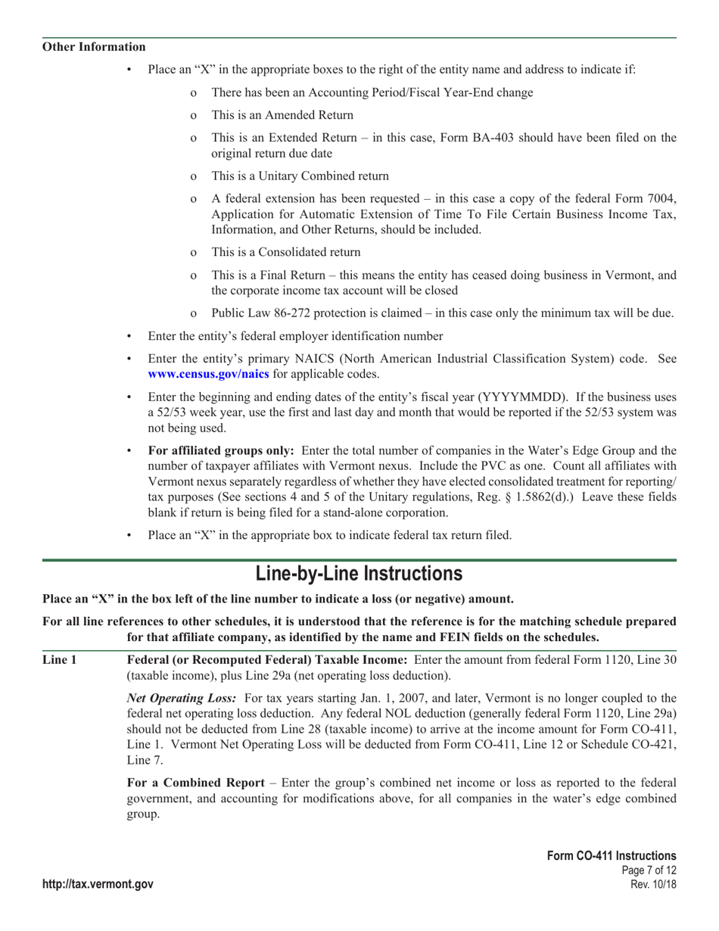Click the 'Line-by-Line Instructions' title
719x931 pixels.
pyautogui.click(x=359, y=573)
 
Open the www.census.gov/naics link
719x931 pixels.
pyautogui.click(x=208, y=374)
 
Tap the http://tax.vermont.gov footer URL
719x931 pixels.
pyautogui.click(x=98, y=885)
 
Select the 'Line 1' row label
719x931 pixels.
pyautogui.click(x=59, y=659)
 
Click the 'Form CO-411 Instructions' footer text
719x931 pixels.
pyautogui.click(x=612, y=855)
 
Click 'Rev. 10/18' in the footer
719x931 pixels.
pyautogui.click(x=653, y=885)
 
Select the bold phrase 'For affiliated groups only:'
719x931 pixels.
pyautogui.click(x=220, y=451)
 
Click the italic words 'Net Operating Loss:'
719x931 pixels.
pyautogui.click(x=182, y=697)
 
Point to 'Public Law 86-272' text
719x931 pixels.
pyautogui.click(x=258, y=313)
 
